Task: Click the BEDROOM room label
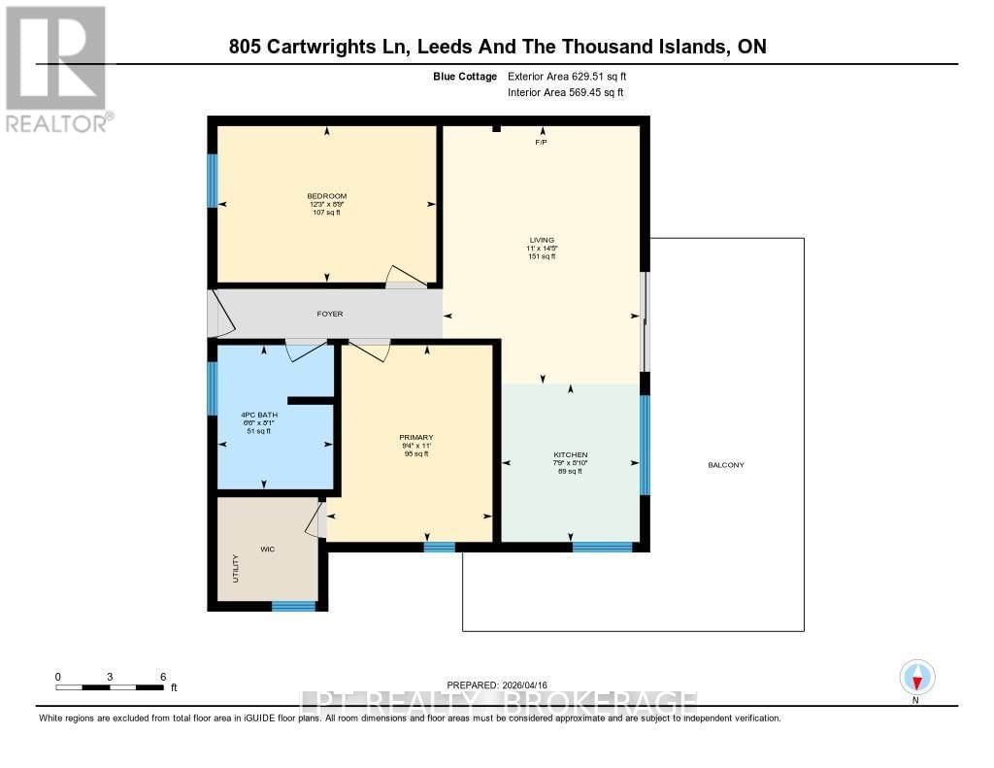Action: click(x=326, y=196)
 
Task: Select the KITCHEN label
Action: click(x=571, y=454)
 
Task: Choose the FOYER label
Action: click(x=330, y=314)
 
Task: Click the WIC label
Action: click(x=267, y=550)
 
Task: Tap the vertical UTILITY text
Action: click(x=235, y=568)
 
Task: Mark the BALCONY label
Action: click(x=726, y=465)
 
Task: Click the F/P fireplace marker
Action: click(x=542, y=143)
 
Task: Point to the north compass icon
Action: click(x=916, y=677)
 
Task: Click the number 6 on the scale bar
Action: click(x=163, y=677)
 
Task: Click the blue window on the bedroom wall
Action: click(x=213, y=181)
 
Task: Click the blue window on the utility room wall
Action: click(x=293, y=607)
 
